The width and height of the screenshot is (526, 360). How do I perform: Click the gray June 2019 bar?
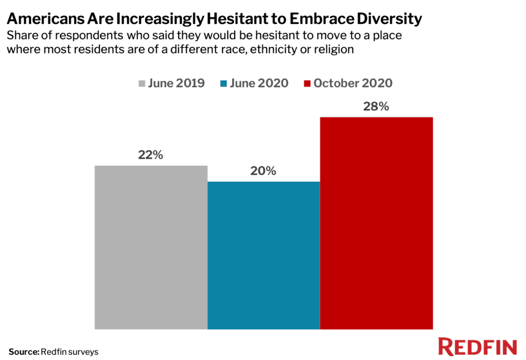coord(151,247)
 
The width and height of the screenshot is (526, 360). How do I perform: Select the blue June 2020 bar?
coord(264,255)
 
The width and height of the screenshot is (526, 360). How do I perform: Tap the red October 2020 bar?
coord(377,223)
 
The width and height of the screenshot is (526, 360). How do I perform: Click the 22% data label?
coord(151,155)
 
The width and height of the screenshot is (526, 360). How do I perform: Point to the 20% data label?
coord(264,171)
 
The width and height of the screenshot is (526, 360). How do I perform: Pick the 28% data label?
coord(377,107)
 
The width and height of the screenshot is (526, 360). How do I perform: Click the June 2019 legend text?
coord(176,83)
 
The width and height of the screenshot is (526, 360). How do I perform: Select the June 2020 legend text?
coord(259,83)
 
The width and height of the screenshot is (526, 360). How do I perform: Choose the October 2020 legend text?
coord(353,83)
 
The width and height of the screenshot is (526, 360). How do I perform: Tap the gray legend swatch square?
coord(142,84)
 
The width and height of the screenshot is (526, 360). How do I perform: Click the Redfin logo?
coord(477,347)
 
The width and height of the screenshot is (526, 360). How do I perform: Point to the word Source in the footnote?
coord(23,352)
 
